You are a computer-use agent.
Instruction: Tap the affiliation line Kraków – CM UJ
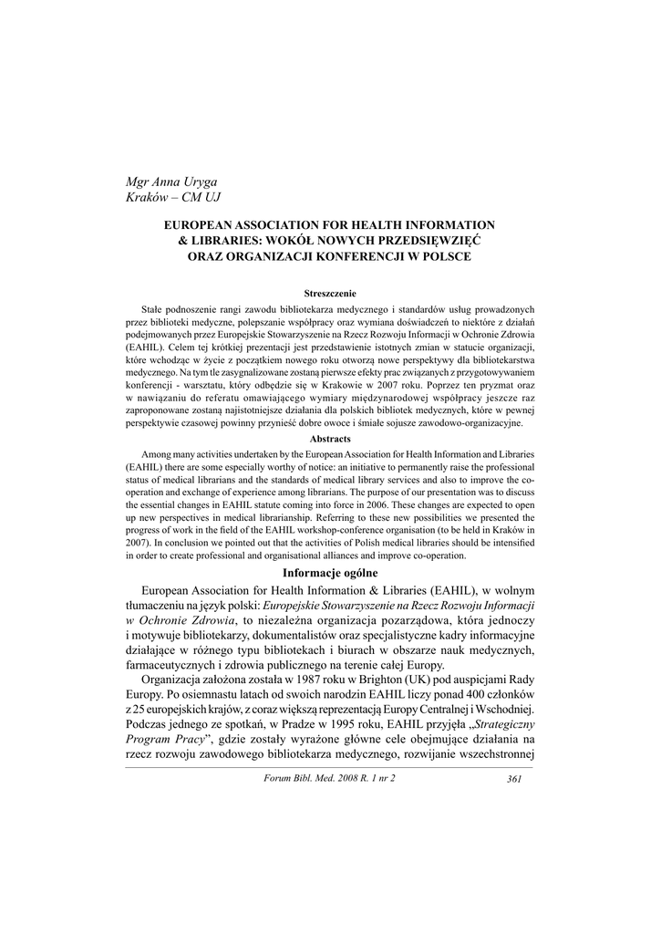click(172, 198)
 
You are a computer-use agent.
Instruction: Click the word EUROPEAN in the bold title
click(203, 224)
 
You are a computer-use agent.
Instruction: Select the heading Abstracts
click(329, 439)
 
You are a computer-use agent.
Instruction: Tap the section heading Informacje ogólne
click(330, 573)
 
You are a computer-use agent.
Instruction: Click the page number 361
click(512, 777)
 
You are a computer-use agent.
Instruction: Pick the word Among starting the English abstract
click(160, 453)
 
